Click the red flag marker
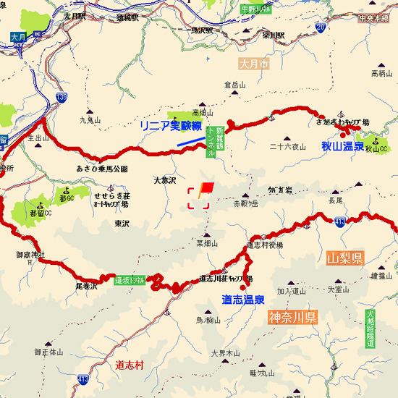[206, 188]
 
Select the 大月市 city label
[253, 64]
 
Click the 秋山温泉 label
[342, 146]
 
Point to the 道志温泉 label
[242, 299]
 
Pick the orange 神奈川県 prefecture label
[292, 317]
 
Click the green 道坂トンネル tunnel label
[130, 279]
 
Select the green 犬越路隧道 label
[370, 329]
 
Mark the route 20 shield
[321, 27]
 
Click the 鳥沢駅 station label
[201, 30]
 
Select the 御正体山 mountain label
[48, 352]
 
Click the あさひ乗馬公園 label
[102, 169]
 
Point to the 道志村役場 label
[265, 245]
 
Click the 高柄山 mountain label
[380, 73]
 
